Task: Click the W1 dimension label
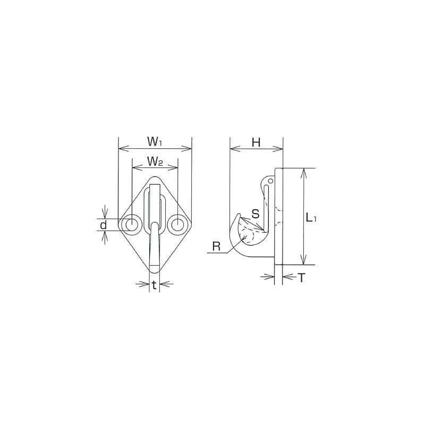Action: pos(155,142)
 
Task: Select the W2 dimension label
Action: pos(155,162)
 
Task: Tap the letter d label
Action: pos(103,225)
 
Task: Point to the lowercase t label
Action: pos(154,285)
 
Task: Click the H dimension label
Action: pos(256,142)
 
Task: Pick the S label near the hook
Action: pos(256,214)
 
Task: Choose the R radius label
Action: pos(216,246)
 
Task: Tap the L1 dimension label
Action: pos(311,217)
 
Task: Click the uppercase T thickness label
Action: pos(301,277)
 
